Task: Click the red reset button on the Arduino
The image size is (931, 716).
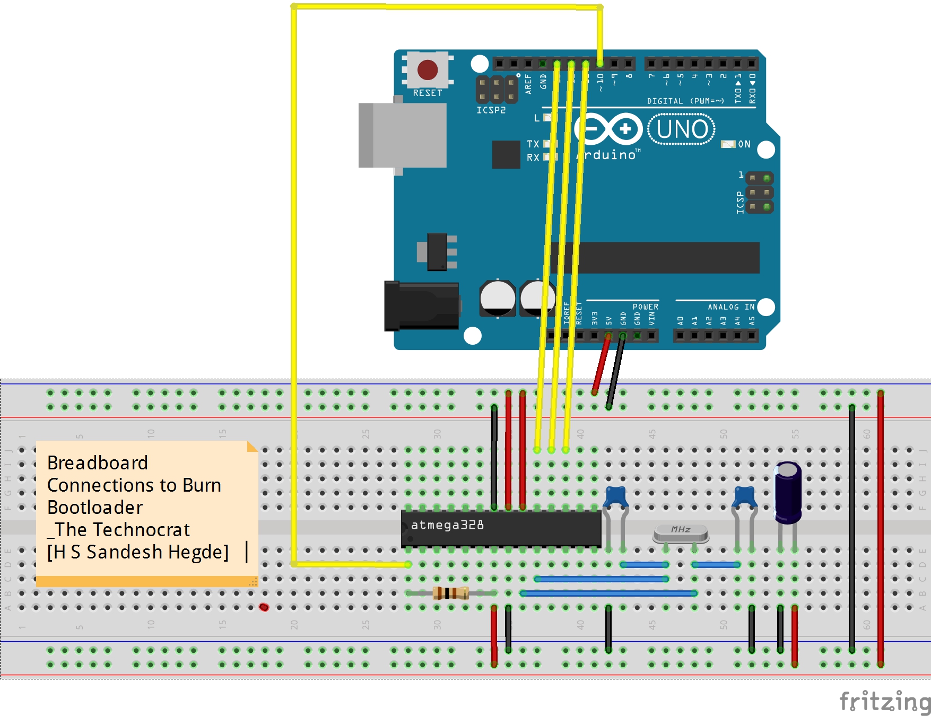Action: [x=427, y=69]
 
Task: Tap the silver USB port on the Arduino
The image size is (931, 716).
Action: [x=403, y=135]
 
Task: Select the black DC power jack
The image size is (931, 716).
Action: [x=422, y=306]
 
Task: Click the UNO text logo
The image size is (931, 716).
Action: [x=682, y=129]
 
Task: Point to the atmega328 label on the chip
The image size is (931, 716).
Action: [x=447, y=525]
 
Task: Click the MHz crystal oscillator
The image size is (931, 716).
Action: [x=681, y=532]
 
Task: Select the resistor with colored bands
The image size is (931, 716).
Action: [x=450, y=593]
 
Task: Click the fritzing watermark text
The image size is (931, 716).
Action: [x=884, y=701]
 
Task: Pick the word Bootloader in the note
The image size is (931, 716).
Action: [x=95, y=508]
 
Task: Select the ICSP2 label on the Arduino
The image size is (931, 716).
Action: [x=491, y=110]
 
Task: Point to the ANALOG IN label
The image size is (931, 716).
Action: [x=730, y=307]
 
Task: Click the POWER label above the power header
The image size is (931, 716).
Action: [x=645, y=307]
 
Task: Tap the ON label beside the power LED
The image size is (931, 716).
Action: [x=744, y=144]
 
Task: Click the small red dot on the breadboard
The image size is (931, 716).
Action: [x=264, y=607]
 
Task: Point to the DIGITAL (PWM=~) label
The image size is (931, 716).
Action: [x=685, y=101]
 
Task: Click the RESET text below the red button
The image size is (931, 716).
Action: [x=428, y=93]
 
